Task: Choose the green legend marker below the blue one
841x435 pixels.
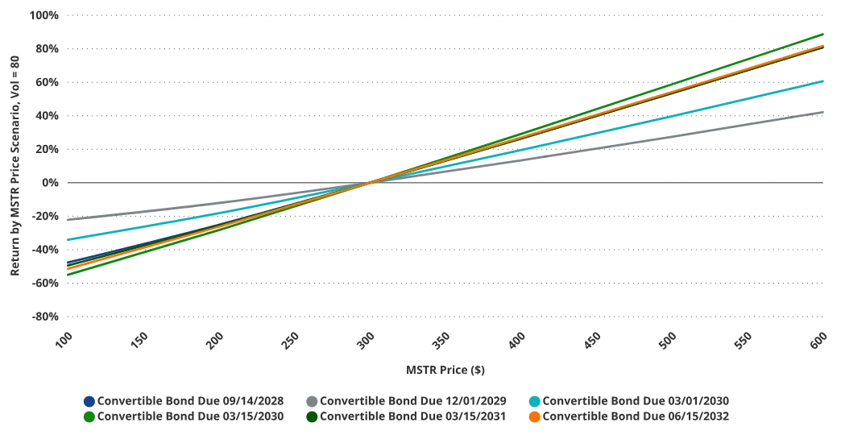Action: coord(89,418)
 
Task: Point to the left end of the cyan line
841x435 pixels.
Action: coord(66,240)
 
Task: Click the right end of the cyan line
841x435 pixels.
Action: coord(823,81)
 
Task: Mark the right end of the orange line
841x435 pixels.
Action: coord(823,46)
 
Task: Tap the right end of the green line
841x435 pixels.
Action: coord(823,35)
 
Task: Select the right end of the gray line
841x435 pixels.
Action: coord(823,113)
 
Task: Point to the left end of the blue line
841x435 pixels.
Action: coord(66,262)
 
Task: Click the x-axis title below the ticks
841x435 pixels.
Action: coord(447,370)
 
